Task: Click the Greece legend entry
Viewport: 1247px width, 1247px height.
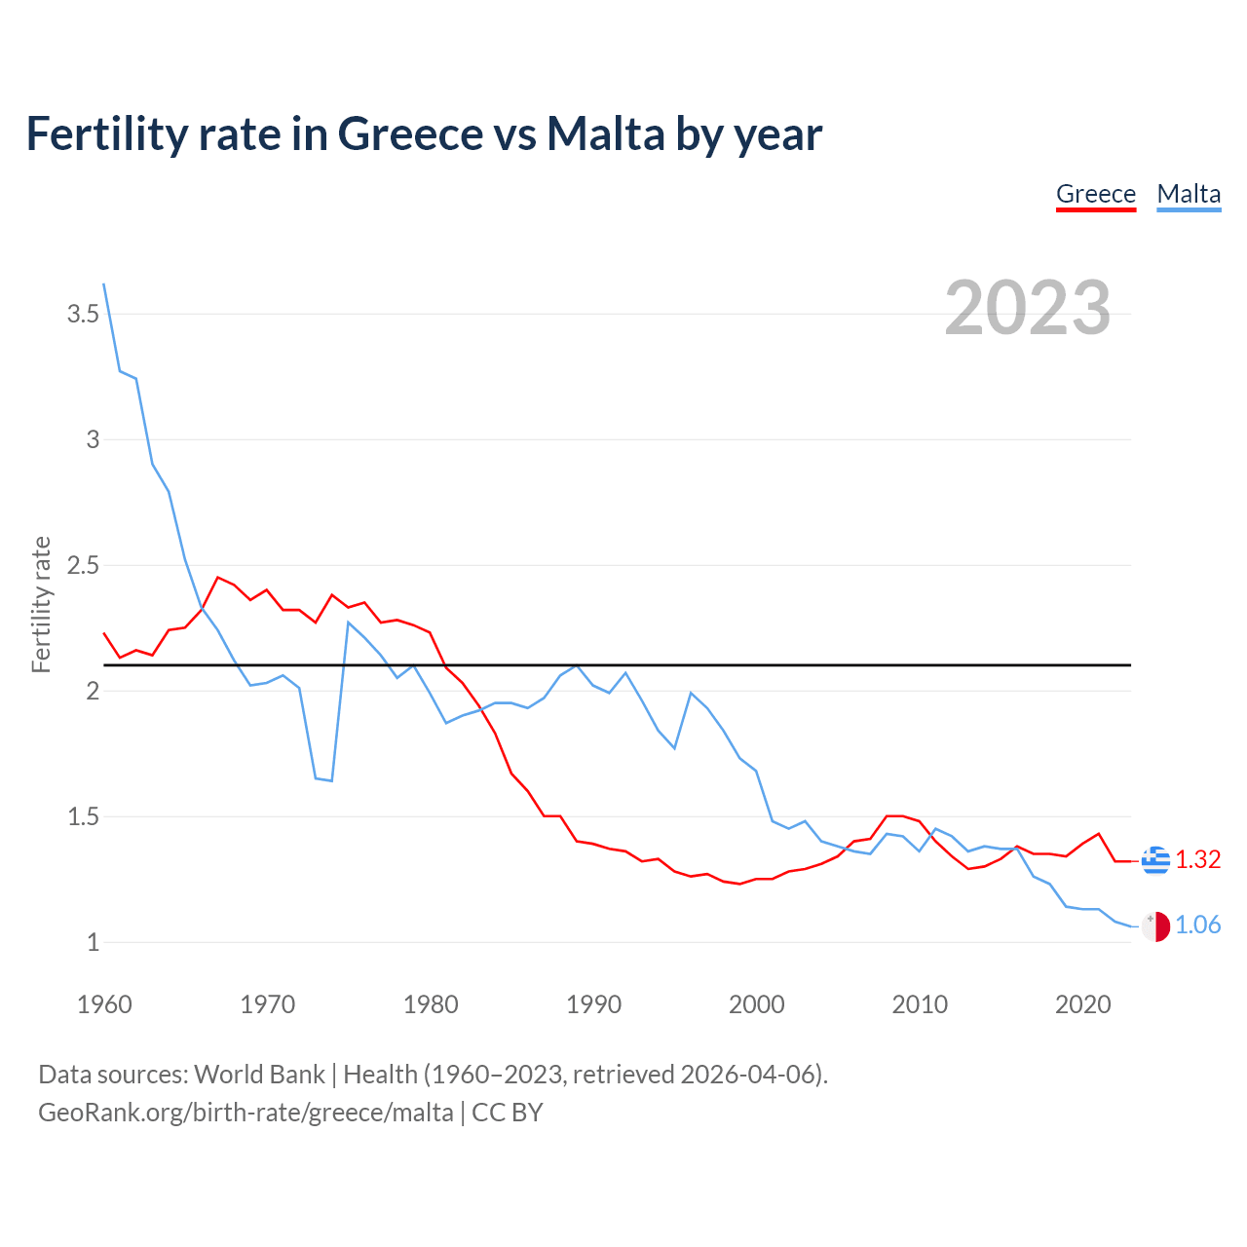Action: [1096, 194]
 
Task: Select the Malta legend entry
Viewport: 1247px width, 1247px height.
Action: [1189, 194]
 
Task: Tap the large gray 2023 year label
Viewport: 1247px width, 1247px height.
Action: [1028, 308]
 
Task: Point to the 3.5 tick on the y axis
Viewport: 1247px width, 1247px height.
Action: [83, 314]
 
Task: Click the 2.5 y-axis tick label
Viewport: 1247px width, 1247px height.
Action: [83, 565]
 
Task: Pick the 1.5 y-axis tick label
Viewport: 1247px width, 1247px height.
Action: [83, 816]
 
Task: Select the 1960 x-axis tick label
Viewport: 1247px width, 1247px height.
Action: [104, 1004]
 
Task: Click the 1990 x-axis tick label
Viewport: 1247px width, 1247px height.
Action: [593, 1004]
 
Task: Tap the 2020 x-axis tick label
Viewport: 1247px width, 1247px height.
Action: [1082, 1004]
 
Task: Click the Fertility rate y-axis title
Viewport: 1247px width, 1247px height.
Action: [41, 604]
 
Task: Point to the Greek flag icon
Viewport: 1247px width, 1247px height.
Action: [1155, 859]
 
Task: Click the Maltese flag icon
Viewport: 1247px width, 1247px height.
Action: [1155, 926]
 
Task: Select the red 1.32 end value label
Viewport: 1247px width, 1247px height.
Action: [1197, 859]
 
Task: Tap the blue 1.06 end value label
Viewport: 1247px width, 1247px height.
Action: [1197, 926]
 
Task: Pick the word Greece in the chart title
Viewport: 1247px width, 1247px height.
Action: [410, 133]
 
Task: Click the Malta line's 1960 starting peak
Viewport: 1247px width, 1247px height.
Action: [104, 284]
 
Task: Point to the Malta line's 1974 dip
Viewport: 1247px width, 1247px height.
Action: [332, 780]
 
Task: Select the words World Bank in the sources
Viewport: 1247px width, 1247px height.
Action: [259, 1074]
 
